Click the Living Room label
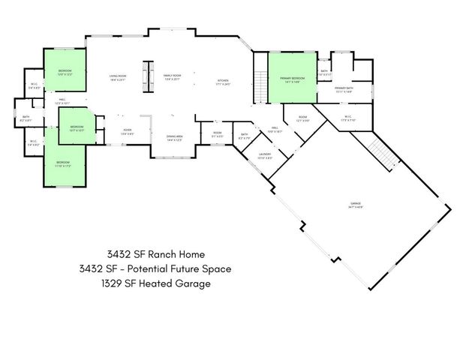[117, 76]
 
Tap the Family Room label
[173, 76]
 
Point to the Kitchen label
[223, 82]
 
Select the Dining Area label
[175, 137]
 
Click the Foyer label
[128, 130]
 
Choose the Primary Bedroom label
[292, 79]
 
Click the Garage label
[356, 205]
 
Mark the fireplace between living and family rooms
[148, 76]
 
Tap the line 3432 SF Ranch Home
[155, 253]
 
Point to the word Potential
[166, 269]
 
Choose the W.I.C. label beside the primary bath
[349, 118]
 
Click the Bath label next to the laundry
[245, 136]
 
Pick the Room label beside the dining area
[216, 134]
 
